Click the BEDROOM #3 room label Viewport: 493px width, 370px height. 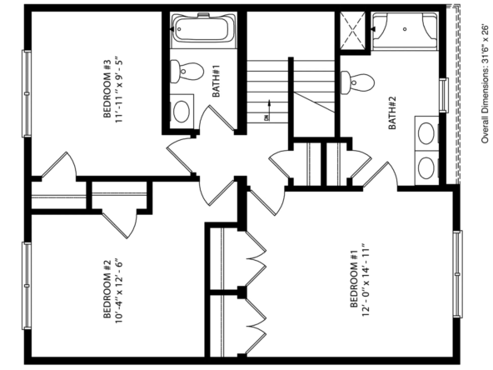107,89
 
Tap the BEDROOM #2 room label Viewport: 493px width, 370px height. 107,289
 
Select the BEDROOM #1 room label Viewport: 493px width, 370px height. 354,278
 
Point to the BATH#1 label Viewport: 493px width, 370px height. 216,81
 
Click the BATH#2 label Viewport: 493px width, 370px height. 392,112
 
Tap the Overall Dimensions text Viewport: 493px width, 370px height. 486,83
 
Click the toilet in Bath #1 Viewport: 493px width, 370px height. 187,72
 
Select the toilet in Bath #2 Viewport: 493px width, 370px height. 357,82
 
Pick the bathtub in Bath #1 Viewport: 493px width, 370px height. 203,29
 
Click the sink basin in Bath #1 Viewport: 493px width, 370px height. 182,112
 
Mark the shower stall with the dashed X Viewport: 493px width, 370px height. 353,31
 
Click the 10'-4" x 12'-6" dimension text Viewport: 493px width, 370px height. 118,289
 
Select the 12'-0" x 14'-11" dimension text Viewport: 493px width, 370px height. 365,279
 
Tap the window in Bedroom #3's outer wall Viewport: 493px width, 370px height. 27,94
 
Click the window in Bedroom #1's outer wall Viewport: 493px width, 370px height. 457,274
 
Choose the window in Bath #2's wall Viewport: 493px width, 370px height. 444,95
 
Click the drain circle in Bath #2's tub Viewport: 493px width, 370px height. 405,29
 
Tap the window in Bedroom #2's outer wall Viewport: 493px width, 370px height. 27,286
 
